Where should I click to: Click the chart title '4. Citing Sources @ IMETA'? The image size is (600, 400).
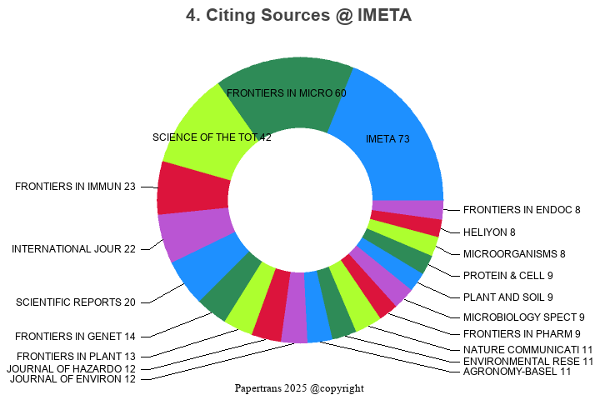tap(299, 15)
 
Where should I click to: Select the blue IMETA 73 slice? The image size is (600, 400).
tap(392, 133)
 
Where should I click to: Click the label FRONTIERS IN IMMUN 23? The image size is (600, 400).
tap(75, 187)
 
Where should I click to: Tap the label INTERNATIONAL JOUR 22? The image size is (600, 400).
tap(73, 249)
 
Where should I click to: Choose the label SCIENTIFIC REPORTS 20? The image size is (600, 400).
tap(76, 302)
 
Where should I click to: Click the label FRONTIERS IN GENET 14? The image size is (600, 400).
tap(76, 337)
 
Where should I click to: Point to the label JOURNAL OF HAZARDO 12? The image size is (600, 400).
tap(71, 368)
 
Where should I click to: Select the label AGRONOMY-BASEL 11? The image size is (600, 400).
tap(517, 372)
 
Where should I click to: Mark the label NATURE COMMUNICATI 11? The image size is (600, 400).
tap(527, 350)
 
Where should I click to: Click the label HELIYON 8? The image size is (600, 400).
tap(489, 232)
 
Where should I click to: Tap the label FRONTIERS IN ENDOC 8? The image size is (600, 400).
tap(522, 210)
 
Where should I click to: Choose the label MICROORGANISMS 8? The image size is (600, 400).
tap(514, 253)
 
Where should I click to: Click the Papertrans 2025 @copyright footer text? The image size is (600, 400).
tap(299, 388)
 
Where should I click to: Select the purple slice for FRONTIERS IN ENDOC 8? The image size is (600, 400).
tap(407, 209)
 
